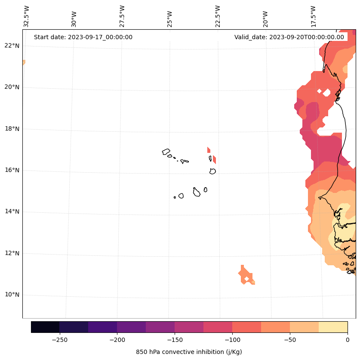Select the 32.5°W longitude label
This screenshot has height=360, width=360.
click(27, 16)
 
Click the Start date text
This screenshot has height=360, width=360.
click(83, 37)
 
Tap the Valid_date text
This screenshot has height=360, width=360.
click(289, 37)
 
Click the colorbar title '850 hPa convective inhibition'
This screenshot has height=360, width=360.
click(189, 352)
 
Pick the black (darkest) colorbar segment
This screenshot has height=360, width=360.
click(45, 327)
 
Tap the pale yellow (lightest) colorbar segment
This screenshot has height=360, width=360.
click(333, 327)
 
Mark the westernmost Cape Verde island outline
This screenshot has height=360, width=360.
click(166, 152)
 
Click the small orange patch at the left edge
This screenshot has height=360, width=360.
click(24, 62)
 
